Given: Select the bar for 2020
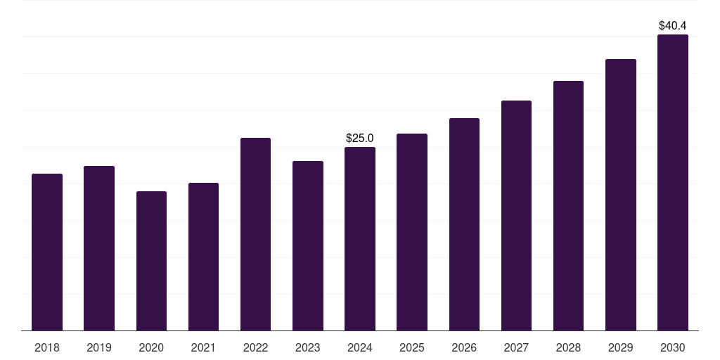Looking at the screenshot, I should pyautogui.click(x=151, y=261).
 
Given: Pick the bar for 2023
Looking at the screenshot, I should pyautogui.click(x=308, y=245).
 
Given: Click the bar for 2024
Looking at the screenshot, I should pyautogui.click(x=360, y=238).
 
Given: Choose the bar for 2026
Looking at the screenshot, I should pyautogui.click(x=464, y=224).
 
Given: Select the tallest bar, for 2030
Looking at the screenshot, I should pyautogui.click(x=673, y=182).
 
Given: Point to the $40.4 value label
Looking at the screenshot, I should pyautogui.click(x=673, y=25).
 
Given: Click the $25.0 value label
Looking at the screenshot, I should pyautogui.click(x=360, y=138).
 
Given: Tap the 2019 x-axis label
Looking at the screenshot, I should pyautogui.click(x=99, y=347).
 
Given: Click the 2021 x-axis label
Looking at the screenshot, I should pyautogui.click(x=203, y=347).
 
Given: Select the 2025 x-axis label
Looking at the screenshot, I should pyautogui.click(x=412, y=347).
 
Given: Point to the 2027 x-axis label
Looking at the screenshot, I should pyautogui.click(x=516, y=347).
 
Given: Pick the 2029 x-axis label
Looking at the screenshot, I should pyautogui.click(x=620, y=347).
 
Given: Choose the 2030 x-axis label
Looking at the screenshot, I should pyautogui.click(x=673, y=347).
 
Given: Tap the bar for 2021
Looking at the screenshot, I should pyautogui.click(x=203, y=257).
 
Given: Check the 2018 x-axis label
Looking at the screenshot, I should pyautogui.click(x=47, y=347).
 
